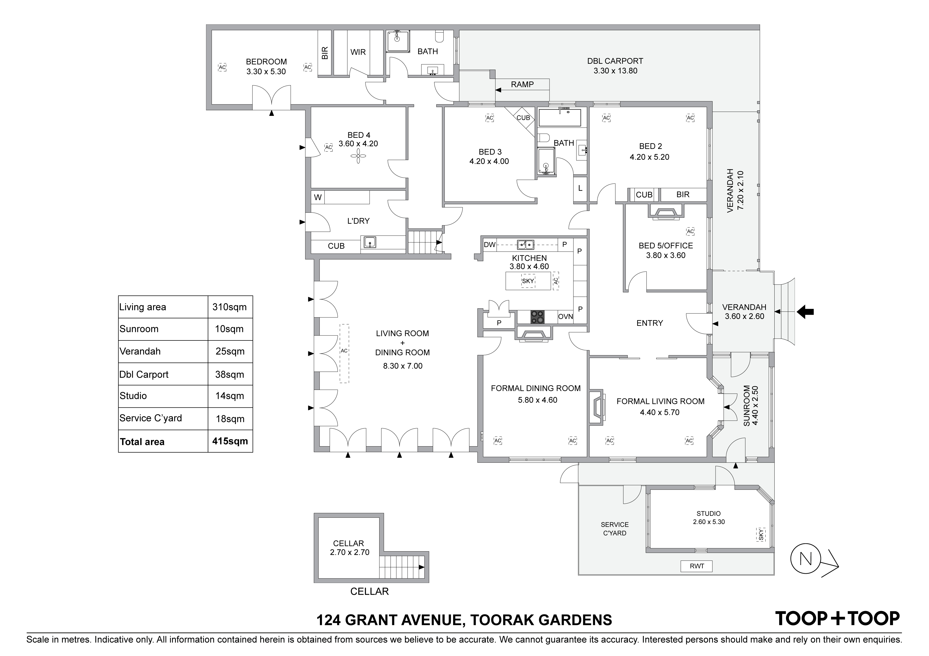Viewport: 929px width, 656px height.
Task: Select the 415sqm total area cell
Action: click(230, 441)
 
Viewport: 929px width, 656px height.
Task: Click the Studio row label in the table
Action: click(133, 396)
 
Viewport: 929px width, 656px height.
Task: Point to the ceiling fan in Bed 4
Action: click(358, 156)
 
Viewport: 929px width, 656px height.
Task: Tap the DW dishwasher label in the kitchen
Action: click(490, 244)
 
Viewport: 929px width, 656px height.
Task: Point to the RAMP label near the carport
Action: click(522, 84)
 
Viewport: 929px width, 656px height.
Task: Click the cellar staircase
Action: click(401, 567)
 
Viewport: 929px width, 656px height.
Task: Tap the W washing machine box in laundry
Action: click(318, 197)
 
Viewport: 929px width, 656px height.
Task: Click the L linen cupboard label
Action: click(580, 188)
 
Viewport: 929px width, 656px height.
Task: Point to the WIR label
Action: click(358, 52)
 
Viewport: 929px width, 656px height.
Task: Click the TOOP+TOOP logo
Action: click(837, 619)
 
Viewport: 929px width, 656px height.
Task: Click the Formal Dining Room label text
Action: click(536, 388)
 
